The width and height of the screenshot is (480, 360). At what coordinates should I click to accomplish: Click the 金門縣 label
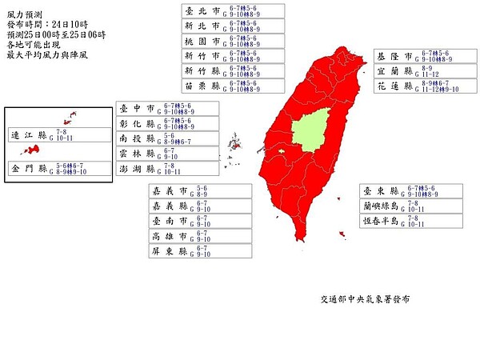coord(29,170)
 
